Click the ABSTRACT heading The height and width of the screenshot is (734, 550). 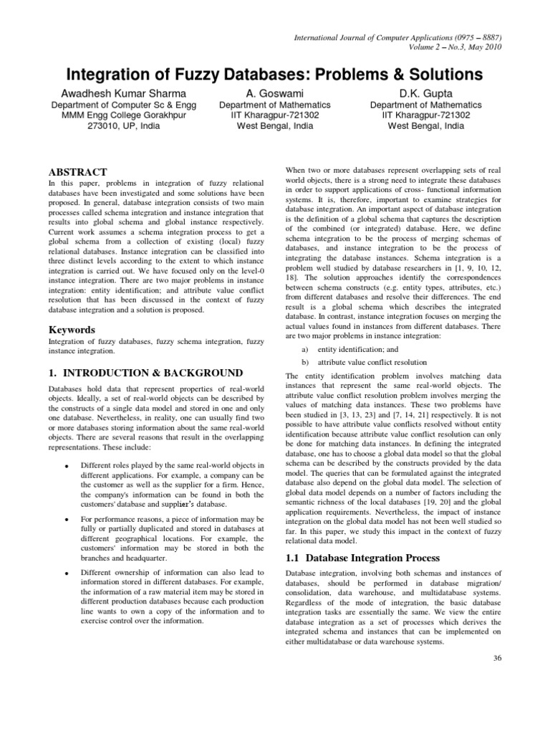click(77, 172)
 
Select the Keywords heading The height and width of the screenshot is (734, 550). click(71, 330)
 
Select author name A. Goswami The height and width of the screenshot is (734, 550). click(269, 93)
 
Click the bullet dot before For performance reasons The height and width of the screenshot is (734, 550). click(66, 518)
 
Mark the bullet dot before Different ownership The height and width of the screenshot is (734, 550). click(66, 573)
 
